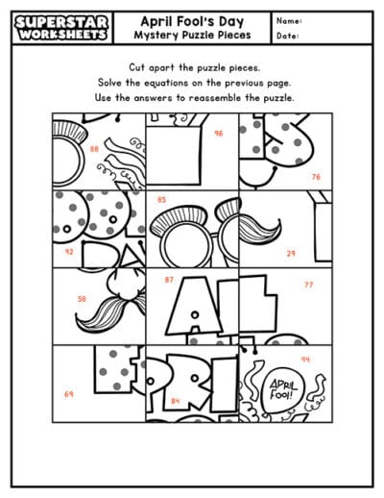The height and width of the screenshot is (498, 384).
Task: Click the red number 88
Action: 94,150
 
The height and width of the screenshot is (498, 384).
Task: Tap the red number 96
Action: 219,134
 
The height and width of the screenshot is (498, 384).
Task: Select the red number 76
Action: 315,177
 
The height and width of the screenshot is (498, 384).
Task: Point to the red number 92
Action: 68,251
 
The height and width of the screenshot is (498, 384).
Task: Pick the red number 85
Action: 161,200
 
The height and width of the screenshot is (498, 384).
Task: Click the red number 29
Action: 291,254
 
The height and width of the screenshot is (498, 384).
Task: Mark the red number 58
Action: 81,299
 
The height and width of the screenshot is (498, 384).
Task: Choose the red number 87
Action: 169,280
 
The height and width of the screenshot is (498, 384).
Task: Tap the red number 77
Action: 308,286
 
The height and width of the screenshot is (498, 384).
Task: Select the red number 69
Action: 68,394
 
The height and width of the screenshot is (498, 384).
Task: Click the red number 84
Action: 175,401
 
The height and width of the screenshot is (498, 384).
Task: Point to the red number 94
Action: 305,360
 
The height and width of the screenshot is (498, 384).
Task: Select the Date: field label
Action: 287,37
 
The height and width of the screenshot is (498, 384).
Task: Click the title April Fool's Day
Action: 190,21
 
